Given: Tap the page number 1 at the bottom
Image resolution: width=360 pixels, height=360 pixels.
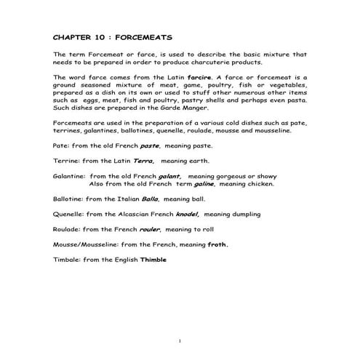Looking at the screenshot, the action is (x=180, y=340).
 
